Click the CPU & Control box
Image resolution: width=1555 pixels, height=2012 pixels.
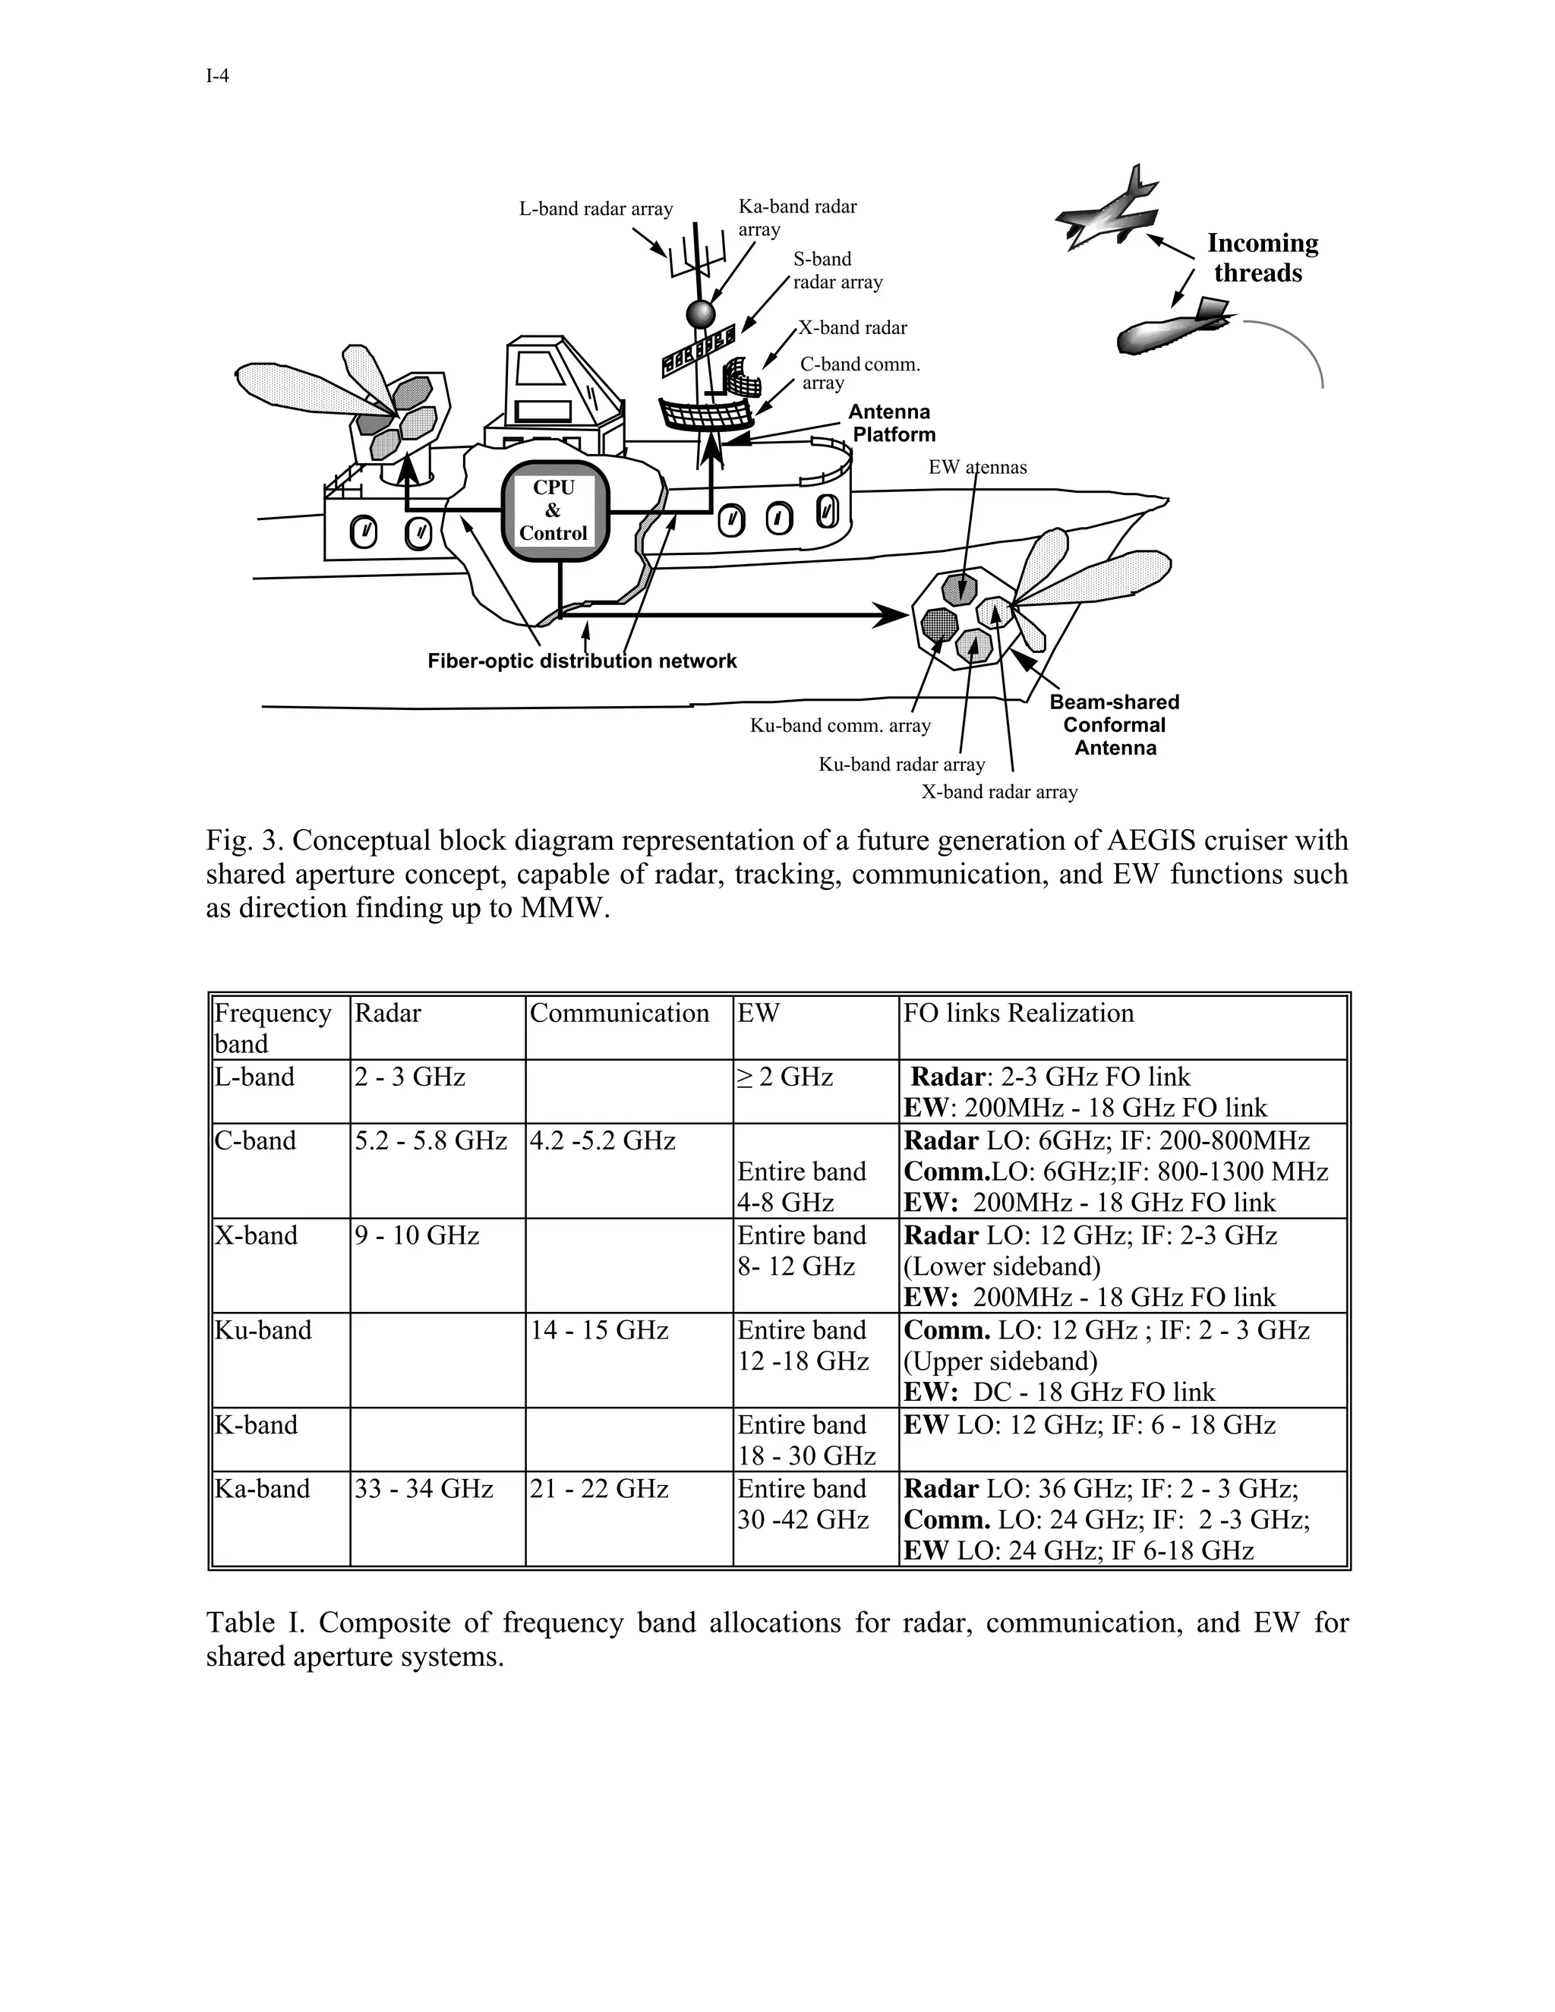tap(553, 510)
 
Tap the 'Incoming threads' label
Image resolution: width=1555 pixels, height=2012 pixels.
tap(1261, 258)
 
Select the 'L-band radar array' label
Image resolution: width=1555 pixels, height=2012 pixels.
tap(596, 209)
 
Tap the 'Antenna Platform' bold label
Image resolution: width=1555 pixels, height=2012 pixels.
tap(891, 424)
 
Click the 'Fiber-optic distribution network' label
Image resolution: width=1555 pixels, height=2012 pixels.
tap(582, 661)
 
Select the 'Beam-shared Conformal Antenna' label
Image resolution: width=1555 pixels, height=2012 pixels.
tap(1115, 725)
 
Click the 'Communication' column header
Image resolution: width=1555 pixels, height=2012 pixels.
tap(619, 1014)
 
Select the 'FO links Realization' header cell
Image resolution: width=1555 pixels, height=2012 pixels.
tap(1018, 1014)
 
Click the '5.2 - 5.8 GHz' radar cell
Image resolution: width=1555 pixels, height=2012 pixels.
tap(431, 1140)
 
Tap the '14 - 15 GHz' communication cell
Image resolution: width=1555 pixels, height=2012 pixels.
tap(599, 1330)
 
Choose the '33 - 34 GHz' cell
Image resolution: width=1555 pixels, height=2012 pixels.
tap(424, 1489)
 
